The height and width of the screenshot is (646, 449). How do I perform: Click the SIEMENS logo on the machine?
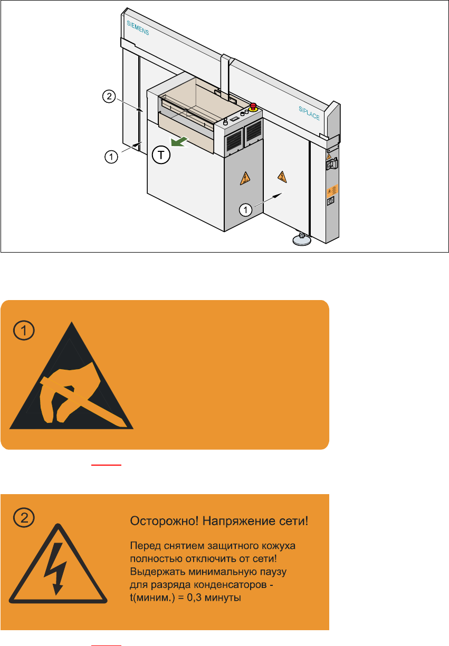(138, 28)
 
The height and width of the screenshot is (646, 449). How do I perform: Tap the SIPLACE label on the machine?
(309, 113)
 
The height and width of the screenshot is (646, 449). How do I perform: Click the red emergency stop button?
(253, 107)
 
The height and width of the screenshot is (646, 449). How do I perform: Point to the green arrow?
(179, 142)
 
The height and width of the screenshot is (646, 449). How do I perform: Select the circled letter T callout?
(161, 155)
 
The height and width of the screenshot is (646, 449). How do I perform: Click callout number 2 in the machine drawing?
(109, 96)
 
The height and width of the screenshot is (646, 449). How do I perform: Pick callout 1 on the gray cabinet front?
(245, 210)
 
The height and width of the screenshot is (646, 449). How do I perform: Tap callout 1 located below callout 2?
(111, 157)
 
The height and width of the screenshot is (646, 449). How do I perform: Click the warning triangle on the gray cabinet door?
(245, 179)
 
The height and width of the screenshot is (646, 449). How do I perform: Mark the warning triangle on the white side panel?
(282, 177)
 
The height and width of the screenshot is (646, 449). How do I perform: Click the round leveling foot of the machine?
(302, 239)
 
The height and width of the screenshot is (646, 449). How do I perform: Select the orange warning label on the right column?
(332, 190)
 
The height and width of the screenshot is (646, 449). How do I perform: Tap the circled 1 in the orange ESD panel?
(24, 330)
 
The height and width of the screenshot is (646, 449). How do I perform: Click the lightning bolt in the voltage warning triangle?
(55, 568)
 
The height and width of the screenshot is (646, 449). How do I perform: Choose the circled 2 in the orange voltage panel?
(24, 518)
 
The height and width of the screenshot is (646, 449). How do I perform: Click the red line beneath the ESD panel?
(106, 465)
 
